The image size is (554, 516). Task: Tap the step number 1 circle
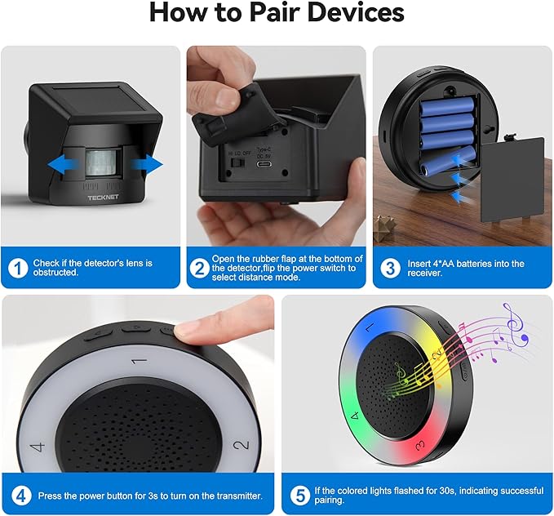pyautogui.click(x=18, y=268)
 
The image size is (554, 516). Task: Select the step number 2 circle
pyautogui.click(x=200, y=268)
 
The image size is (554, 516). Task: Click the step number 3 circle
pyautogui.click(x=390, y=268)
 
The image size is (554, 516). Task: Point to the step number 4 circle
pyautogui.click(x=21, y=496)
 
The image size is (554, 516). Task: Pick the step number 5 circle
pyautogui.click(x=300, y=496)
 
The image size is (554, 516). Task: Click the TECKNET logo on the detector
pyautogui.click(x=103, y=198)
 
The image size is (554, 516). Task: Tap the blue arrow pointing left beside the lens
pyautogui.click(x=63, y=165)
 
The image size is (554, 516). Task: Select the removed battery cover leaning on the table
pyautogui.click(x=513, y=180)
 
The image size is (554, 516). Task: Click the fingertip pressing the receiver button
pyautogui.click(x=191, y=329)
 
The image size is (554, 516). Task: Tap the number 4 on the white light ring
pyautogui.click(x=38, y=447)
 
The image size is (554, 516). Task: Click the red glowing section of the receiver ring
pyautogui.click(x=417, y=447)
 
